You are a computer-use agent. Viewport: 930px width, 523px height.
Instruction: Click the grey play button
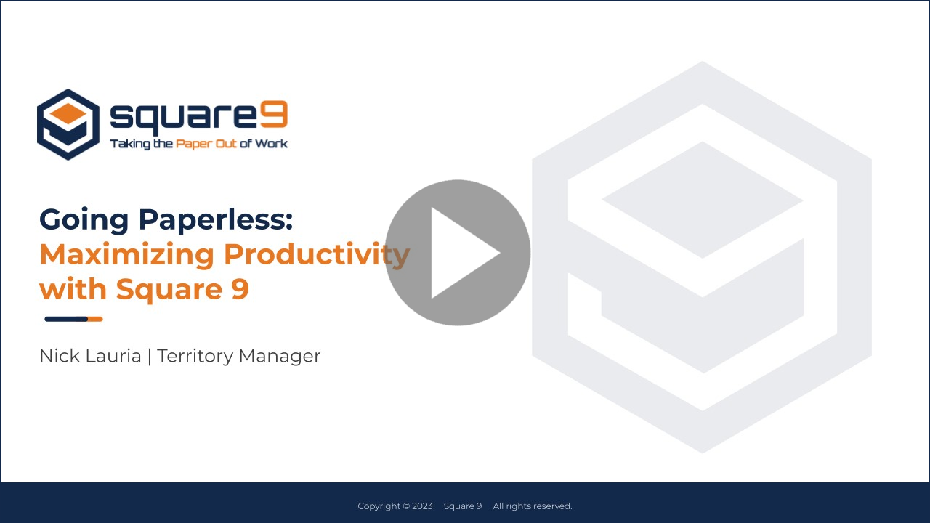(458, 252)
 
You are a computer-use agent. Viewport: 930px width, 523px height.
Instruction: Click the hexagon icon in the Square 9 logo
(68, 124)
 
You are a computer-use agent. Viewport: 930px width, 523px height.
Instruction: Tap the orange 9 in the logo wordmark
(274, 115)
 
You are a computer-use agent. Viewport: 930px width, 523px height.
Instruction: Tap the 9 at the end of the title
(240, 289)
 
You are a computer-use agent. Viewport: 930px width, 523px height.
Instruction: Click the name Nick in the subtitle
(57, 356)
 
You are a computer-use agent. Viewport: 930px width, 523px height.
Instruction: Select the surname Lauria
(112, 356)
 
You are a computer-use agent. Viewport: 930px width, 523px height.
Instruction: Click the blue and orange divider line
(73, 319)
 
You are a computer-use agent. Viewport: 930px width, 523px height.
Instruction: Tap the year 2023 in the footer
(422, 506)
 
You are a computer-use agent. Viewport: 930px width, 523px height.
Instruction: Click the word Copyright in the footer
(379, 506)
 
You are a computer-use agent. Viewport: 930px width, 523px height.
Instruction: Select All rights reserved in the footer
(533, 506)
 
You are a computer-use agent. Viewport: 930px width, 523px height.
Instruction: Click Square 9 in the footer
(463, 506)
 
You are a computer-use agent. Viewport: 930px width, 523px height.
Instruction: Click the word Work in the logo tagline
(271, 144)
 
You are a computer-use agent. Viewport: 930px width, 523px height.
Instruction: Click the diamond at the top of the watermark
(703, 200)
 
